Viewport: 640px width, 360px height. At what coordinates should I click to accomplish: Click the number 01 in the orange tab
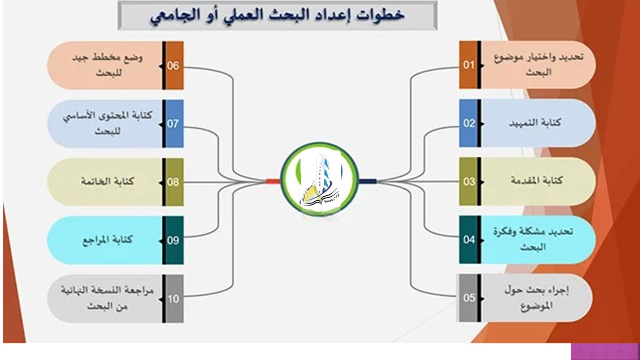(469, 65)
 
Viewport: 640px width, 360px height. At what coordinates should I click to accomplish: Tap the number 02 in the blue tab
(469, 123)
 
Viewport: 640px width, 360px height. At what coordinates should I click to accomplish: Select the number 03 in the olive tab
(469, 181)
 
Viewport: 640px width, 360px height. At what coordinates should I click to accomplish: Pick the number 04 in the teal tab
(469, 240)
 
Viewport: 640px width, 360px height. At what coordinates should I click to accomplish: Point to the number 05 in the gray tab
(469, 298)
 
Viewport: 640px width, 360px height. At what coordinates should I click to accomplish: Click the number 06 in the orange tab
(173, 66)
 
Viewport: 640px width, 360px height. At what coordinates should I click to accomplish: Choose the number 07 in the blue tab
(173, 124)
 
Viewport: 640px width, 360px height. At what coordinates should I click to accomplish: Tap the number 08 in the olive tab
(173, 182)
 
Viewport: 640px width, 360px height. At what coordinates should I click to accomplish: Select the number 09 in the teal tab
(173, 240)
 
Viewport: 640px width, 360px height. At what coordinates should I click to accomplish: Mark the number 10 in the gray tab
(173, 299)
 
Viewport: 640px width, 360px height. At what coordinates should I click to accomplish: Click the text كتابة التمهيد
(535, 122)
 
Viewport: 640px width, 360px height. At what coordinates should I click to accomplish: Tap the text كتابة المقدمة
(537, 180)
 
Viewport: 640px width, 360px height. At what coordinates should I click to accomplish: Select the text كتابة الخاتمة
(107, 181)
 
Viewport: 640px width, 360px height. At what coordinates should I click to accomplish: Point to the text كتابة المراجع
(108, 240)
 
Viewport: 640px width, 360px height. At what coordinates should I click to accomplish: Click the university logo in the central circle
(320, 180)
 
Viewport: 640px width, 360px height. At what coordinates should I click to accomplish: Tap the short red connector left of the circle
(273, 181)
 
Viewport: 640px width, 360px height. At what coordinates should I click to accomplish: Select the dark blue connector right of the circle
(368, 181)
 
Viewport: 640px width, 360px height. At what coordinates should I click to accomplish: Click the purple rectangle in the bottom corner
(605, 351)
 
